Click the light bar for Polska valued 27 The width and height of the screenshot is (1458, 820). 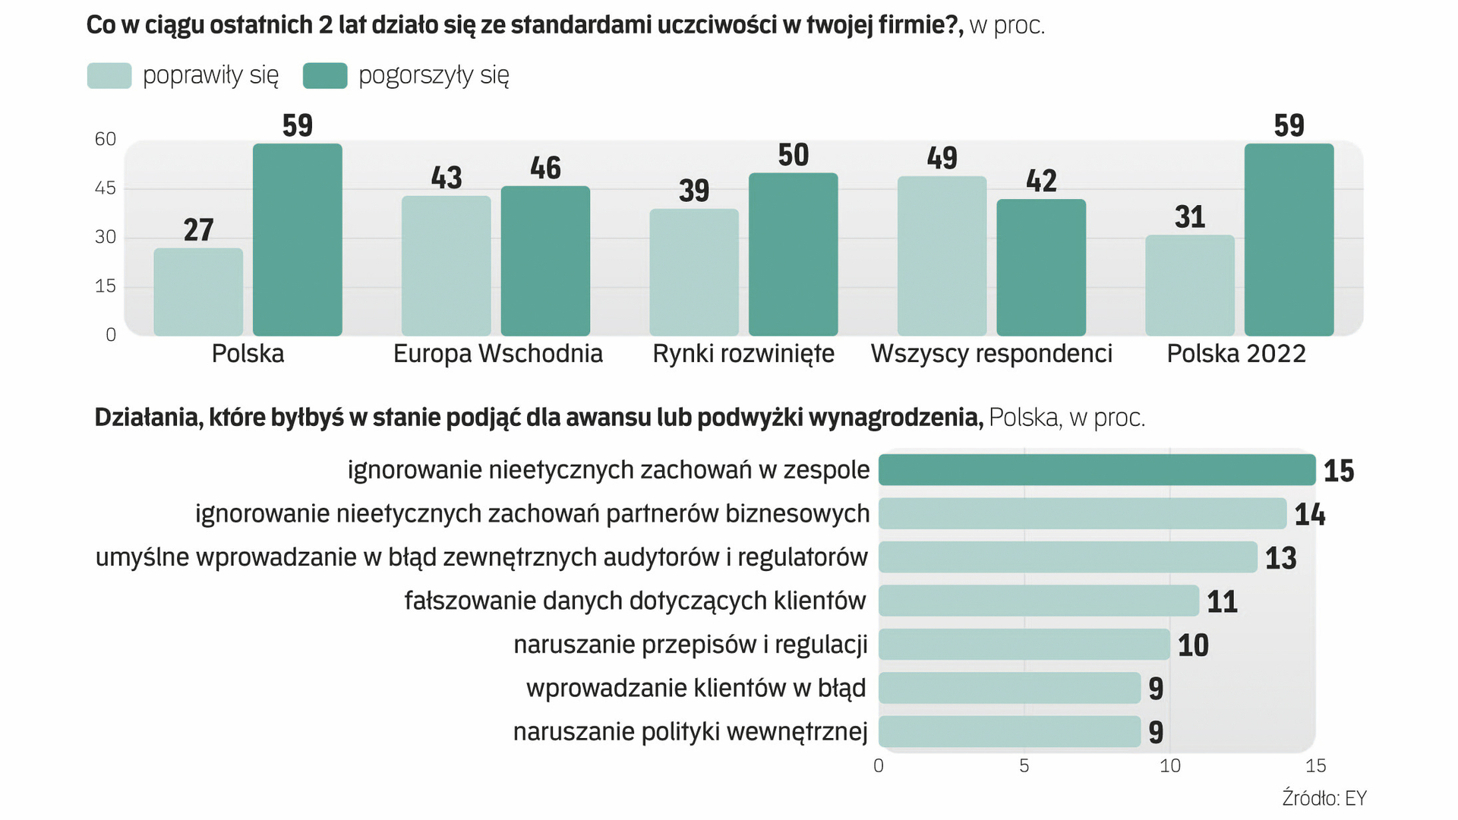198,292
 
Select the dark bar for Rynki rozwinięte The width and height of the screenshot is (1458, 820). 793,254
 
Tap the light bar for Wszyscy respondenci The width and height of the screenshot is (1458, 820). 942,256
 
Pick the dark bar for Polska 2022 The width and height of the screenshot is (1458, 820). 1289,239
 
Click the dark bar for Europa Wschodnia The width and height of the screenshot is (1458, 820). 545,260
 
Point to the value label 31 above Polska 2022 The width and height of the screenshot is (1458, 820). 1190,217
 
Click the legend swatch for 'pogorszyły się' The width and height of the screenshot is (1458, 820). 325,76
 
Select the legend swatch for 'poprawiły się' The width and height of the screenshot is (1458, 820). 109,76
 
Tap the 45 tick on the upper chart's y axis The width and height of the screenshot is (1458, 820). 106,188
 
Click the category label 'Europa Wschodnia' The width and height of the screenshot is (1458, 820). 497,354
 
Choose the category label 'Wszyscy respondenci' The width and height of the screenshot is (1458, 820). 991,354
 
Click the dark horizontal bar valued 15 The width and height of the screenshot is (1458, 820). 1097,470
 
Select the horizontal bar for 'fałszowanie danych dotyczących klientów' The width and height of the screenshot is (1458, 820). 1039,601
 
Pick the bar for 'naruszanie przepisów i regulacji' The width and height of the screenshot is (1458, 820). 1024,645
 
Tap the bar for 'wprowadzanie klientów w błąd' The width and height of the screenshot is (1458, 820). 1009,688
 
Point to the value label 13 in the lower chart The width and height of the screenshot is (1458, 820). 1280,558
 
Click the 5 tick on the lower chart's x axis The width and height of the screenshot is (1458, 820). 1024,766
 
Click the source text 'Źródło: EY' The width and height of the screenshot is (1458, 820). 1324,799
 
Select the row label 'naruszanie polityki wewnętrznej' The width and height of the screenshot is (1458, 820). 690,732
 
